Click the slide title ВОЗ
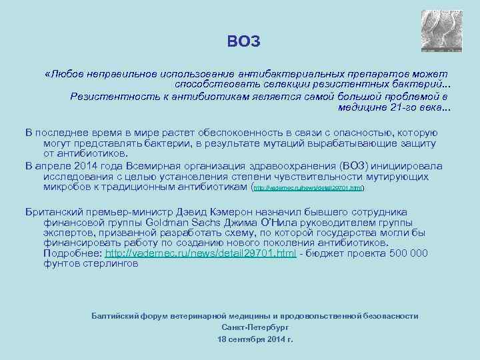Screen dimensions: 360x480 pos(243,42)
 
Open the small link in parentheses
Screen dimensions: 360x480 pos(309,189)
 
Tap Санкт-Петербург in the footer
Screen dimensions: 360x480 pos(255,327)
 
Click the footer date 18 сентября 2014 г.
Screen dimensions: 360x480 pos(255,339)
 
